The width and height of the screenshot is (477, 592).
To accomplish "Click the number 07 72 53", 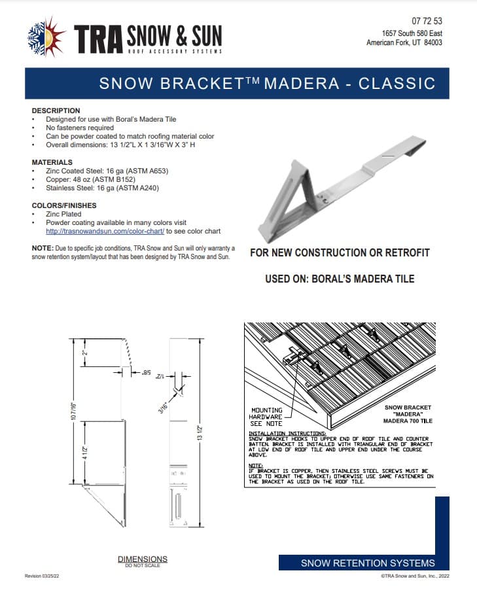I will (x=428, y=21).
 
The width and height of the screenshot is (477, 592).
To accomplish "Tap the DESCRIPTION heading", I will (x=56, y=111).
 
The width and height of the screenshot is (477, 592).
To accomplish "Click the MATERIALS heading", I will (x=52, y=162).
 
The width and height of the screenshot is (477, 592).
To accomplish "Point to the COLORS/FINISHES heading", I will (x=63, y=205).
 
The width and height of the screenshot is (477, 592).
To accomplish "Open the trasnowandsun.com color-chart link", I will (x=105, y=231).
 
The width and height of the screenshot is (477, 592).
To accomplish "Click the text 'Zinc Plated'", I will (x=63, y=214).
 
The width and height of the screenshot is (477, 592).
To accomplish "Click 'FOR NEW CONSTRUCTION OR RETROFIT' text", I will (x=340, y=252).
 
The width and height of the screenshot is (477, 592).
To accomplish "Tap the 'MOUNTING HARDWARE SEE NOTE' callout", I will (x=267, y=416).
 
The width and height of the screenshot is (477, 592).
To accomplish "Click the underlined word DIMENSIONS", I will (x=142, y=559).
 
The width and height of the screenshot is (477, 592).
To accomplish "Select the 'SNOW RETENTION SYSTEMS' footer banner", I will (x=367, y=563).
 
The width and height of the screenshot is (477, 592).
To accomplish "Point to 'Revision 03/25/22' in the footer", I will (x=42, y=576).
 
